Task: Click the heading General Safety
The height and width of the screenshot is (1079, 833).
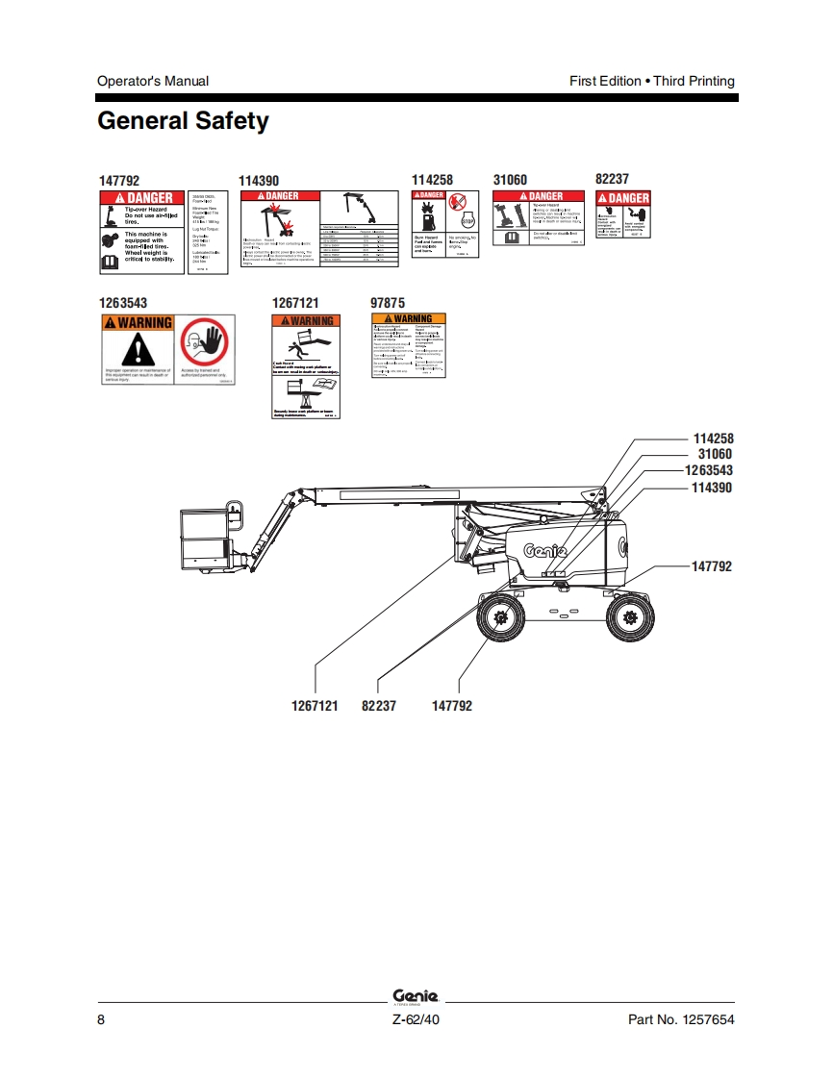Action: click(183, 122)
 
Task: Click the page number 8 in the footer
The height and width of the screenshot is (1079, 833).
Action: click(101, 1019)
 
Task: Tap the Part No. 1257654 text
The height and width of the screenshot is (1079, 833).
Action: click(681, 1019)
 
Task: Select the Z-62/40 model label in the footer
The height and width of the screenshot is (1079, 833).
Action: click(416, 1019)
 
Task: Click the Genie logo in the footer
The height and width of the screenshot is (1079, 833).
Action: click(416, 996)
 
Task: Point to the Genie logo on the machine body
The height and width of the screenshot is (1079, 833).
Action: click(544, 551)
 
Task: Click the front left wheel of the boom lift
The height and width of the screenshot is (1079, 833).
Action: click(501, 620)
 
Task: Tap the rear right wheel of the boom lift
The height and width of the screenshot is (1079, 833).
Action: click(630, 620)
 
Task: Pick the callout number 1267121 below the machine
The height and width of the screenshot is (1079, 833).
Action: click(315, 706)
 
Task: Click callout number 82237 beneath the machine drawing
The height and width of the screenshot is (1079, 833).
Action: click(378, 706)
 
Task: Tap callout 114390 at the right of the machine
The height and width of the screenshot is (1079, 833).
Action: click(712, 488)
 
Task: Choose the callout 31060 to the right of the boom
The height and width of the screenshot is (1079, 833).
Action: click(715, 454)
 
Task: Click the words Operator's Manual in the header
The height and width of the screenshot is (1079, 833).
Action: click(153, 81)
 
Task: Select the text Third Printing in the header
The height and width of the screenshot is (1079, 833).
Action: click(694, 81)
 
